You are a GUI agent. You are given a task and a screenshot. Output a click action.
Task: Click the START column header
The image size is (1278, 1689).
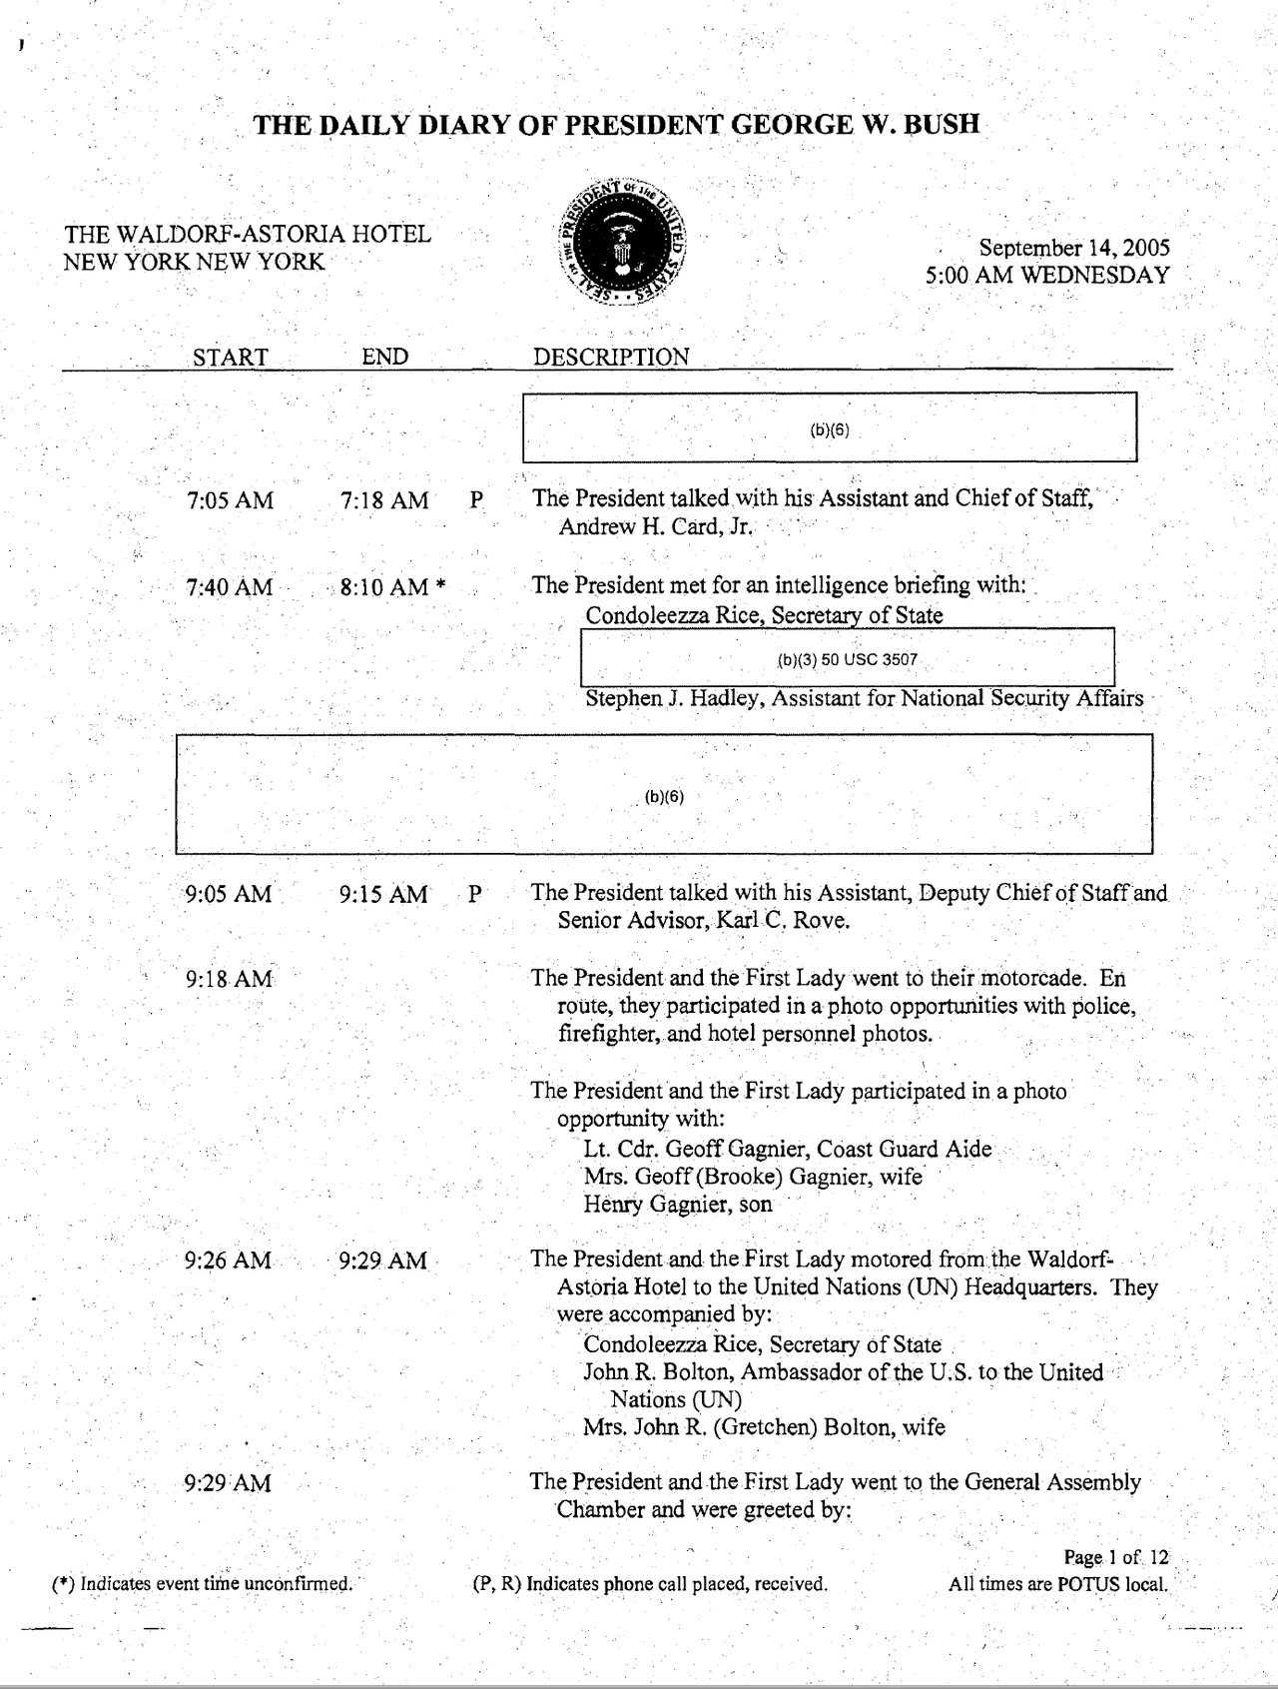[230, 358]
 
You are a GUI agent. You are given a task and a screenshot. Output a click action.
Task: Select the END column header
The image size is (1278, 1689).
[384, 357]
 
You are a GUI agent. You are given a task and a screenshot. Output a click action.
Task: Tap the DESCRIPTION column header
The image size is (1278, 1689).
[611, 357]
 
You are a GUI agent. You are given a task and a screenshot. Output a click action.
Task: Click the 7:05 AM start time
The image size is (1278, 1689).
[230, 501]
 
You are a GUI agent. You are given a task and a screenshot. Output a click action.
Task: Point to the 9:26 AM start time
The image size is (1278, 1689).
[228, 1261]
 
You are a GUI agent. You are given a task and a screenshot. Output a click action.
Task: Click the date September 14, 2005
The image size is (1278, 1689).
[1073, 248]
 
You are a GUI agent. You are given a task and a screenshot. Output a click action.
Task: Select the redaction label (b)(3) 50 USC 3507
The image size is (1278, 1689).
[847, 660]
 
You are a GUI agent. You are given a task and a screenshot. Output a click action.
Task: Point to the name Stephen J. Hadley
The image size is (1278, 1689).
[672, 699]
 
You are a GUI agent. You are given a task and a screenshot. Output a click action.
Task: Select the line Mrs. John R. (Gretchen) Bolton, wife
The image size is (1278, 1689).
[764, 1427]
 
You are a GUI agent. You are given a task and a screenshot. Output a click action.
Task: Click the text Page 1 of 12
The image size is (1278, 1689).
[1115, 1557]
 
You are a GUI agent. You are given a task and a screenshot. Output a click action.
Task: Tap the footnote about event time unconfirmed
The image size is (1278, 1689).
[203, 1583]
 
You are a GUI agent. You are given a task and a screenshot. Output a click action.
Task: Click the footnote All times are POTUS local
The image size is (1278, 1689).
[1058, 1583]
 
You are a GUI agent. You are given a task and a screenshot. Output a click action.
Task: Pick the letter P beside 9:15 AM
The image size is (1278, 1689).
[475, 894]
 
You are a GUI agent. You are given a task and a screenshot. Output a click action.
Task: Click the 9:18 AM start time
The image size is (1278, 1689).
[229, 980]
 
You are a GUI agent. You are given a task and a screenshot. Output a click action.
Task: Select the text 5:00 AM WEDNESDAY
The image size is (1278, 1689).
[1047, 276]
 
